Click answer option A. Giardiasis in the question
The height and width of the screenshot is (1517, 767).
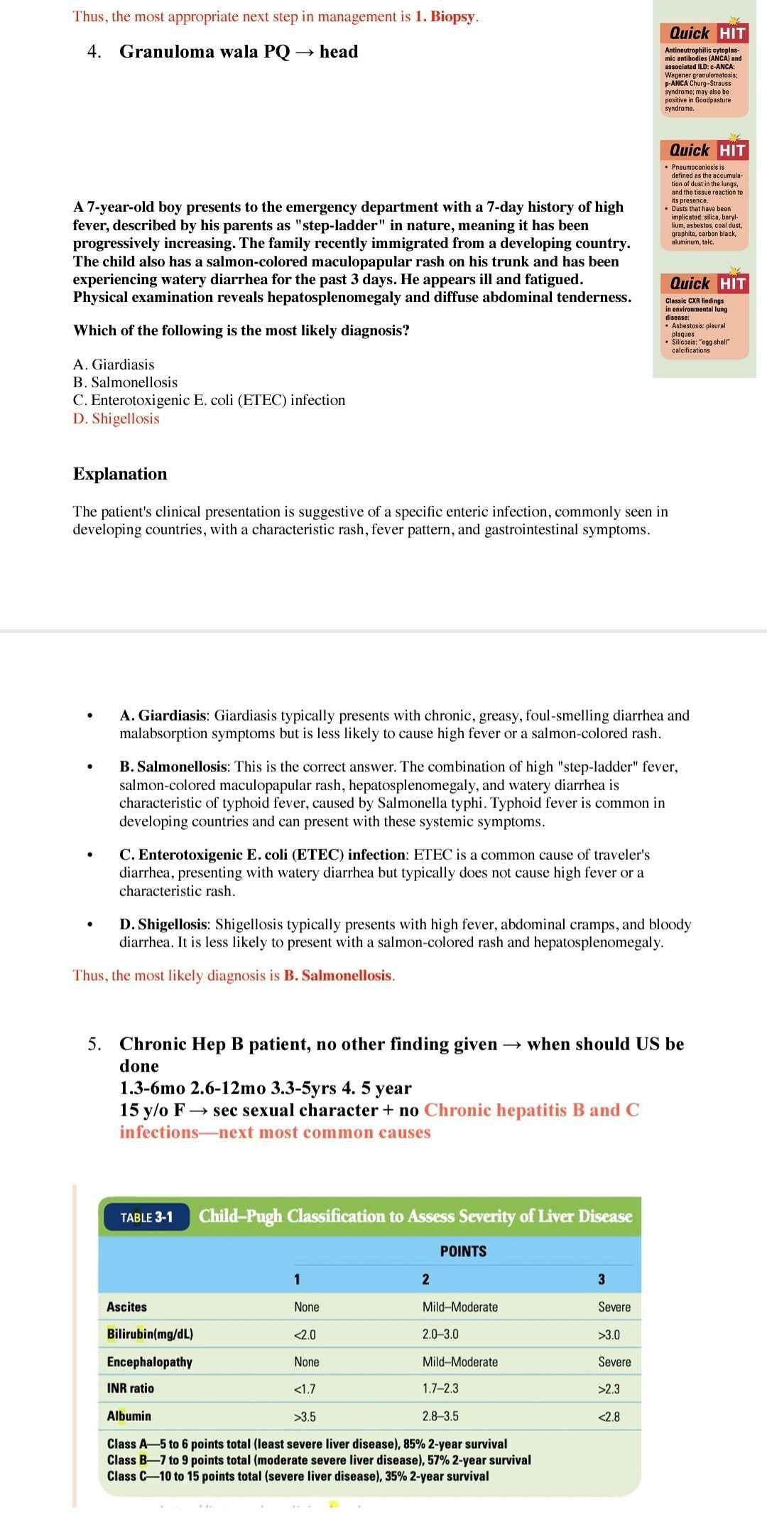click(x=114, y=365)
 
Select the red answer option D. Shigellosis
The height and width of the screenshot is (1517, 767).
click(x=116, y=419)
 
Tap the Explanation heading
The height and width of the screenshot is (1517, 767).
click(x=120, y=474)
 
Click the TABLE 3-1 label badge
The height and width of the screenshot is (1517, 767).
click(x=147, y=1217)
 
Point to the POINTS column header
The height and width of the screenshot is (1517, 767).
click(x=463, y=1251)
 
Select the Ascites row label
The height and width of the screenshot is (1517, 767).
click(x=126, y=1307)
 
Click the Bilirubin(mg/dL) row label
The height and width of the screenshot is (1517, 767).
click(x=150, y=1334)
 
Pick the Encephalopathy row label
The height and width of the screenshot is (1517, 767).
click(x=149, y=1361)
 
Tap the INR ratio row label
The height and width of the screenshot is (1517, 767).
click(x=130, y=1388)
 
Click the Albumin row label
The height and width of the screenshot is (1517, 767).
click(x=129, y=1416)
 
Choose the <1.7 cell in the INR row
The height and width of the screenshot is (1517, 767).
click(x=305, y=1388)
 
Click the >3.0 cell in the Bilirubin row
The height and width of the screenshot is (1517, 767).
click(x=609, y=1334)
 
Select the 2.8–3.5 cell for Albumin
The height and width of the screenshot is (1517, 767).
click(x=440, y=1416)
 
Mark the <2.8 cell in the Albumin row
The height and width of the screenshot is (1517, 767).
click(x=609, y=1417)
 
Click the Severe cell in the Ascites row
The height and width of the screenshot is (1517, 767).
click(x=614, y=1307)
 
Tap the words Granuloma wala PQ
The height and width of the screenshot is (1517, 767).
click(x=205, y=52)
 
